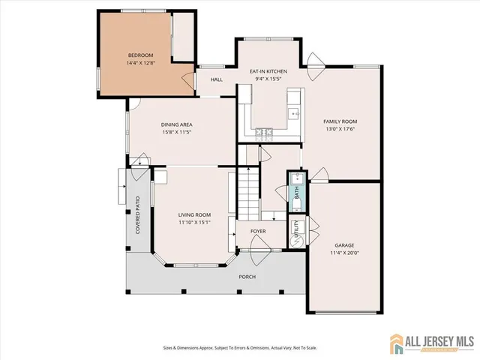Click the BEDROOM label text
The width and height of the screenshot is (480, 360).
140,55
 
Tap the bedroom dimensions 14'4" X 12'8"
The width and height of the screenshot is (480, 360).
140,63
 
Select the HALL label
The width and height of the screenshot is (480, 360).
217,79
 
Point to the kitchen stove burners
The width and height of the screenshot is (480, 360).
263,133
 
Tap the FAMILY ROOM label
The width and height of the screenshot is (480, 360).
340,121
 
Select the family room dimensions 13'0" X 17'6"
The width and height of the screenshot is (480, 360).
340,129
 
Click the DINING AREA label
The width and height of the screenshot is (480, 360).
178,124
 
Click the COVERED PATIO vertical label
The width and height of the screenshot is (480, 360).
138,215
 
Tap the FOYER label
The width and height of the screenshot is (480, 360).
259,231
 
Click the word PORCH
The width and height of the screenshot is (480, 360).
247,277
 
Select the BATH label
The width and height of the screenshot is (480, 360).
297,192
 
